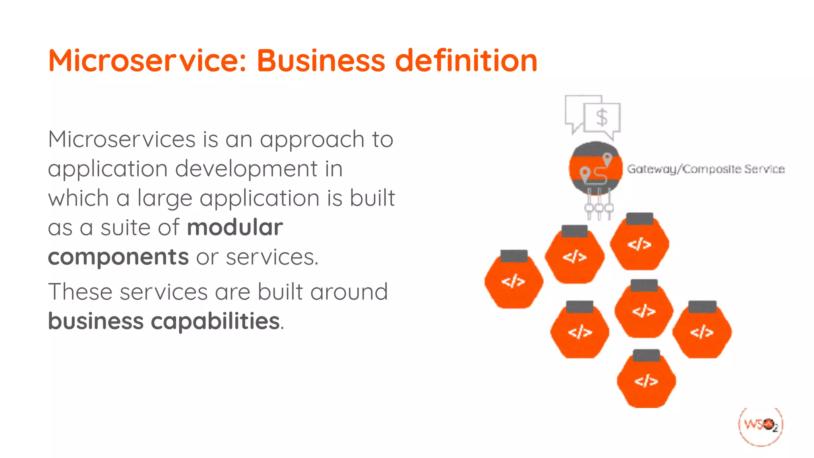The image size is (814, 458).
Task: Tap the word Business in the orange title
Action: [x=321, y=60]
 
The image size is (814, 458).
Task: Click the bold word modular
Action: [x=235, y=227]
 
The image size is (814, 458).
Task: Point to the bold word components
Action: [x=118, y=257]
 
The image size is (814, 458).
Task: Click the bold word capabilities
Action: [x=215, y=321]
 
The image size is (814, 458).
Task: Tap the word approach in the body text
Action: [x=312, y=140]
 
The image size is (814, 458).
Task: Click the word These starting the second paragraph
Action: [x=80, y=291]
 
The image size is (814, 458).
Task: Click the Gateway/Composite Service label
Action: [x=705, y=169]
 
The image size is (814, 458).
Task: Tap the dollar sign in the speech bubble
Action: [x=602, y=118]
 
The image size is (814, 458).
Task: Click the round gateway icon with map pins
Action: [x=595, y=168]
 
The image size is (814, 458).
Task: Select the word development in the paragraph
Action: [x=246, y=169]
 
